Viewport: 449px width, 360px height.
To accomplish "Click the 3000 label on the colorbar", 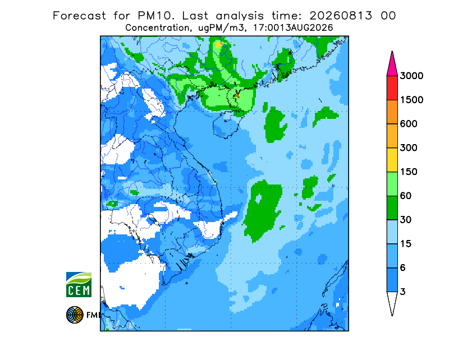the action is (411, 76).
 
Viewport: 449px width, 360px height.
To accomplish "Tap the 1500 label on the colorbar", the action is (411, 100).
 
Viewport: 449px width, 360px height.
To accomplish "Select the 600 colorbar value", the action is (409, 124).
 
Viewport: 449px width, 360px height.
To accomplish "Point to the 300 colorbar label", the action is (409, 148).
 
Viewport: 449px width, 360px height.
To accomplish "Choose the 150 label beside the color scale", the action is (409, 172).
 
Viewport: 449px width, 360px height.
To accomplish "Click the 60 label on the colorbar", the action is (406, 196).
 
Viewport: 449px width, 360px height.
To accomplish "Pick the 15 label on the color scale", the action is (406, 244).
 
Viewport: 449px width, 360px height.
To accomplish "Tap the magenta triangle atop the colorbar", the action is (392, 64).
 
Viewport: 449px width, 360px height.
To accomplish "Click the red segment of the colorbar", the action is (392, 88).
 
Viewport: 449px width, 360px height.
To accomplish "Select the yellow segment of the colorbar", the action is (392, 160).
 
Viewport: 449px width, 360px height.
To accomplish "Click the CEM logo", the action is (79, 284).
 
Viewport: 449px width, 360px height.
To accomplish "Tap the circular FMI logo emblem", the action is (75, 315).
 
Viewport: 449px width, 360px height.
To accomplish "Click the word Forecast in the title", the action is (79, 16).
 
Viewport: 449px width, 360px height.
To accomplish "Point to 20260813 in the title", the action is (341, 16).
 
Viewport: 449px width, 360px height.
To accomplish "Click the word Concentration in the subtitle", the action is (157, 28).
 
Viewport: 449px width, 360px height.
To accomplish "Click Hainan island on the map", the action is (227, 126).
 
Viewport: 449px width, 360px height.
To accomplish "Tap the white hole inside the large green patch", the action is (258, 198).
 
